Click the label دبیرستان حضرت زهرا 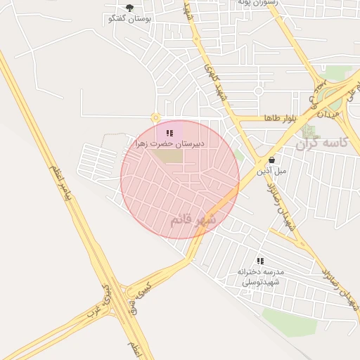[170, 143]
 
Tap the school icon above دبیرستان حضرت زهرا [169, 132]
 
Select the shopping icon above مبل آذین [271, 160]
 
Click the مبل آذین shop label [271, 170]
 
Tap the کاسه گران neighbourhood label [327, 144]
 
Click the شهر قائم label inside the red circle [192, 220]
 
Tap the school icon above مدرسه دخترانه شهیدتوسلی [260, 261]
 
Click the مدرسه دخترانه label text [261, 271]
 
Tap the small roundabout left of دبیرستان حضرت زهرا [155, 117]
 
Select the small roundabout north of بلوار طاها [258, 91]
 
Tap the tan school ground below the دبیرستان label [169, 155]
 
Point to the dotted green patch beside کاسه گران [308, 131]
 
